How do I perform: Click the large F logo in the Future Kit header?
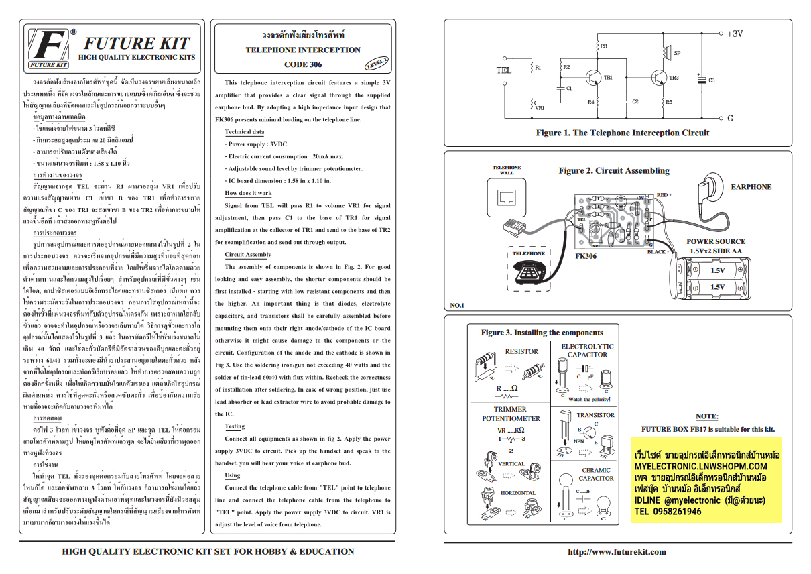[x=49, y=47]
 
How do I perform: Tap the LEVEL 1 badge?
[x=377, y=63]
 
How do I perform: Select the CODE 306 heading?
[x=303, y=65]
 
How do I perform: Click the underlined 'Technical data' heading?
[x=244, y=132]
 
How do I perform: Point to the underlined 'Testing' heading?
[x=234, y=426]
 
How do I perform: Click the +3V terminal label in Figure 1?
[x=735, y=33]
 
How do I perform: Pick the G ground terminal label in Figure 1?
[x=731, y=118]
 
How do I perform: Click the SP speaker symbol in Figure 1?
[x=667, y=52]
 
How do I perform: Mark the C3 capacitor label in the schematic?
[x=711, y=80]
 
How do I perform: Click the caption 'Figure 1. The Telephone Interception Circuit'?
[x=622, y=133]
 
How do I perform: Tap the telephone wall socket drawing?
[x=506, y=197]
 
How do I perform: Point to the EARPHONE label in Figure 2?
[x=751, y=187]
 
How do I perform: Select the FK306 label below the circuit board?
[x=586, y=256]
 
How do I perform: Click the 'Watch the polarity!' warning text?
[x=589, y=399]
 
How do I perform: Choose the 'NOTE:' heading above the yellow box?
[x=706, y=416]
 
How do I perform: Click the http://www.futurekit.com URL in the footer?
[x=617, y=552]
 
